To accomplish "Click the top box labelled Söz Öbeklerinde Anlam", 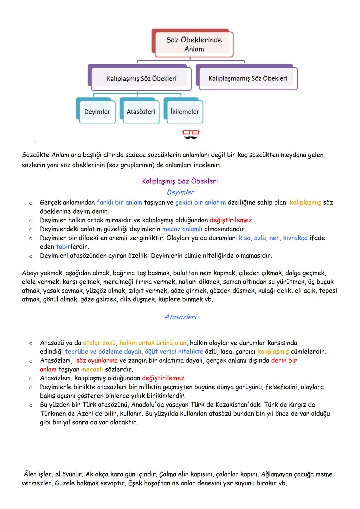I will pos(194,44).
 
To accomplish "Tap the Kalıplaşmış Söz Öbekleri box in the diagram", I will pos(141,79).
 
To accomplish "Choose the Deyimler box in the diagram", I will pos(97,112).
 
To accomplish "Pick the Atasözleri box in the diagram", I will pos(141,112).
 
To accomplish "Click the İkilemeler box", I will pos(185,112).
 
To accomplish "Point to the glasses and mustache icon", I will pos(191,134).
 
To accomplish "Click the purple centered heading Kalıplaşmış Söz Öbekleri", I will pos(180,181).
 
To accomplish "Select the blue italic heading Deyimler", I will pos(180,192).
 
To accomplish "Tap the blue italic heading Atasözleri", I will pos(180,317).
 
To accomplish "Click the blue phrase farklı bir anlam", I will pos(119,202).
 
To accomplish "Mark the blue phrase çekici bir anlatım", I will pos(200,202).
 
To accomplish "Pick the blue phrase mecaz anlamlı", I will pos(182,229).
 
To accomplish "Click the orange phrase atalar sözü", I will pos(99,343).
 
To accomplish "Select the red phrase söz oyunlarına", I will pos(97,360).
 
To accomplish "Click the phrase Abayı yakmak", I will pos(41,273).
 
